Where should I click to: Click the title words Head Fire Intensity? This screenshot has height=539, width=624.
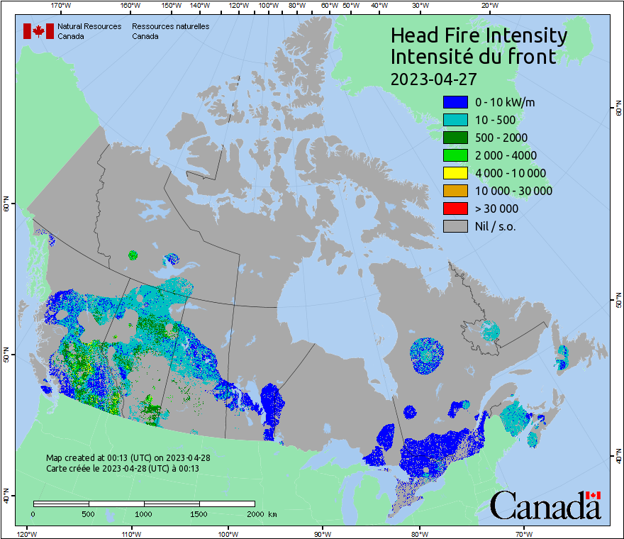click(479, 35)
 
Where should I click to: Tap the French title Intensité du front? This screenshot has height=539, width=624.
click(473, 57)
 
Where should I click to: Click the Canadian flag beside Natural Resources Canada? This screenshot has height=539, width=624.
click(38, 31)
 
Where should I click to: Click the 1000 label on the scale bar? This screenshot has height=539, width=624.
click(144, 513)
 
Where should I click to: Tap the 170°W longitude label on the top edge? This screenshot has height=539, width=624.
click(61, 6)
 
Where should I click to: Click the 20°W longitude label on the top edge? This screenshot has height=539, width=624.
click(489, 6)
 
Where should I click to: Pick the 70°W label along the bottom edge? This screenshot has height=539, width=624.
click(523, 533)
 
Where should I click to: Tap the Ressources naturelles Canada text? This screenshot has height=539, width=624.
click(170, 30)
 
